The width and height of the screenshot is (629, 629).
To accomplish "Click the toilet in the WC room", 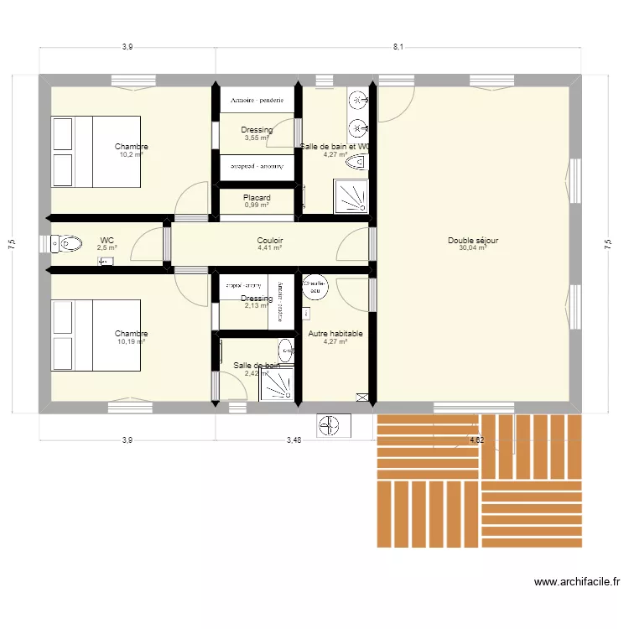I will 67,244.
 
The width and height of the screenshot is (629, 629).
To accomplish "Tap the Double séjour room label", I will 473,240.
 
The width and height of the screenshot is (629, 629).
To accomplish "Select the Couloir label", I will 269,240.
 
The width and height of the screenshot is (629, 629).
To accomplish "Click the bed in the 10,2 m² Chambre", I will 94,150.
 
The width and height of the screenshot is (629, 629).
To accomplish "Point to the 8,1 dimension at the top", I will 398,47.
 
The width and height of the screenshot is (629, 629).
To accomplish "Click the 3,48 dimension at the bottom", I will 293,439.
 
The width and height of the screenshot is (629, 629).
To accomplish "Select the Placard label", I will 257,198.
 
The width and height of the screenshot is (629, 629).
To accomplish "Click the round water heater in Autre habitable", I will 315,287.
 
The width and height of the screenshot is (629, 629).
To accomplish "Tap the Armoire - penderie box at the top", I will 257,100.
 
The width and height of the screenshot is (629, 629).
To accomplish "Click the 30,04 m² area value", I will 473,248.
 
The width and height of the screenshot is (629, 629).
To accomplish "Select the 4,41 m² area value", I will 269,248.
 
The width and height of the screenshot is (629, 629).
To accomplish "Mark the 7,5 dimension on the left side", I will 11,243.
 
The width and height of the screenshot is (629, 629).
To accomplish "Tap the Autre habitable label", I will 335,334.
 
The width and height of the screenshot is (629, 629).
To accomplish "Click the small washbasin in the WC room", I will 106,263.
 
